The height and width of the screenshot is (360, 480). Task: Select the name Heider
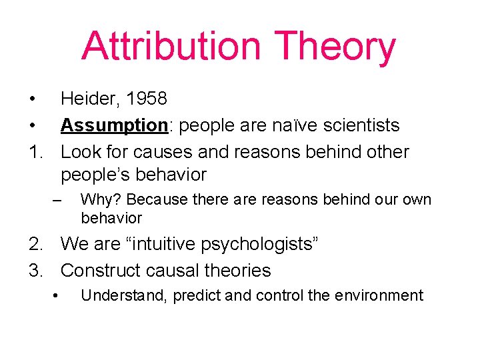86,99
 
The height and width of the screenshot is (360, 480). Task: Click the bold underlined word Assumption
113,125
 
